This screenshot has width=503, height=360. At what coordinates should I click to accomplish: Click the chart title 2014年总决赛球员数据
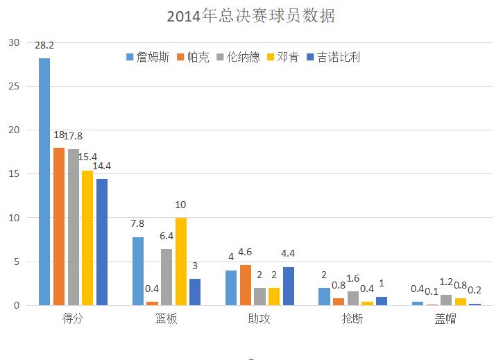tap(251, 16)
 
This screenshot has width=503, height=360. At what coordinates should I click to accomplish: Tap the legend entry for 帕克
tap(193, 57)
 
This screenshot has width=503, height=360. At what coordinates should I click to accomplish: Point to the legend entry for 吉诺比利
tap(334, 57)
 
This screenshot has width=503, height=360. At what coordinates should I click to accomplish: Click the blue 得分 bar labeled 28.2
tap(44, 182)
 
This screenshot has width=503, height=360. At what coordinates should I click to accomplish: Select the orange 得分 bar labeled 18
tap(59, 226)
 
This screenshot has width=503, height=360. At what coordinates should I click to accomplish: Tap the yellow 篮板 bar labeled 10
tap(180, 262)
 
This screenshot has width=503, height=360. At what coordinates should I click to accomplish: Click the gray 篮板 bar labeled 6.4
tap(166, 277)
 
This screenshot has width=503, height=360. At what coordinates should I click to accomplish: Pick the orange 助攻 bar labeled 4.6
tap(246, 285)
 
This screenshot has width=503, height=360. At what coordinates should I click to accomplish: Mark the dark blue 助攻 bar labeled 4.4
tap(289, 286)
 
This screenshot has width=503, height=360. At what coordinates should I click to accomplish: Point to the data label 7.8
tap(138, 224)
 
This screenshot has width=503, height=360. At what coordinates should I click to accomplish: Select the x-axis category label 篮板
tap(167, 320)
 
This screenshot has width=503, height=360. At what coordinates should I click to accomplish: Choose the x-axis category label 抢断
tap(352, 320)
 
